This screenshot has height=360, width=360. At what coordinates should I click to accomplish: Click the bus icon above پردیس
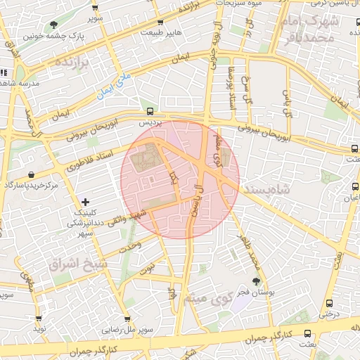[x=149, y=111]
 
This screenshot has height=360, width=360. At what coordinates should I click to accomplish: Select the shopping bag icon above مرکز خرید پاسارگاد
[x=31, y=174]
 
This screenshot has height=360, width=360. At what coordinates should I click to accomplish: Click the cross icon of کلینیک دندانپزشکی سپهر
[x=86, y=202]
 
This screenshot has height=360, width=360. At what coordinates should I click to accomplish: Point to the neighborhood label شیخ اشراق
[x=70, y=263]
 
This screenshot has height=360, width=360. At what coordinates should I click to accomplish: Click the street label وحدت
[x=131, y=246]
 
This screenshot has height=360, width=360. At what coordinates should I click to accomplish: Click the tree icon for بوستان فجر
[x=255, y=281]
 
